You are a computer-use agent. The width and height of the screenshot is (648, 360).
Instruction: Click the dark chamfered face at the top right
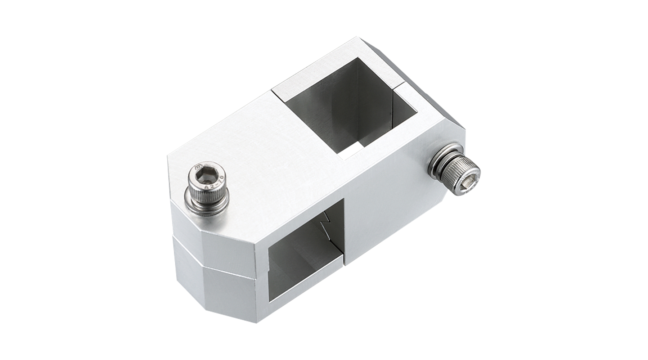(432, 90)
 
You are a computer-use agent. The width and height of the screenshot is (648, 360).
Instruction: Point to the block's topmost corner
(357, 37)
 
